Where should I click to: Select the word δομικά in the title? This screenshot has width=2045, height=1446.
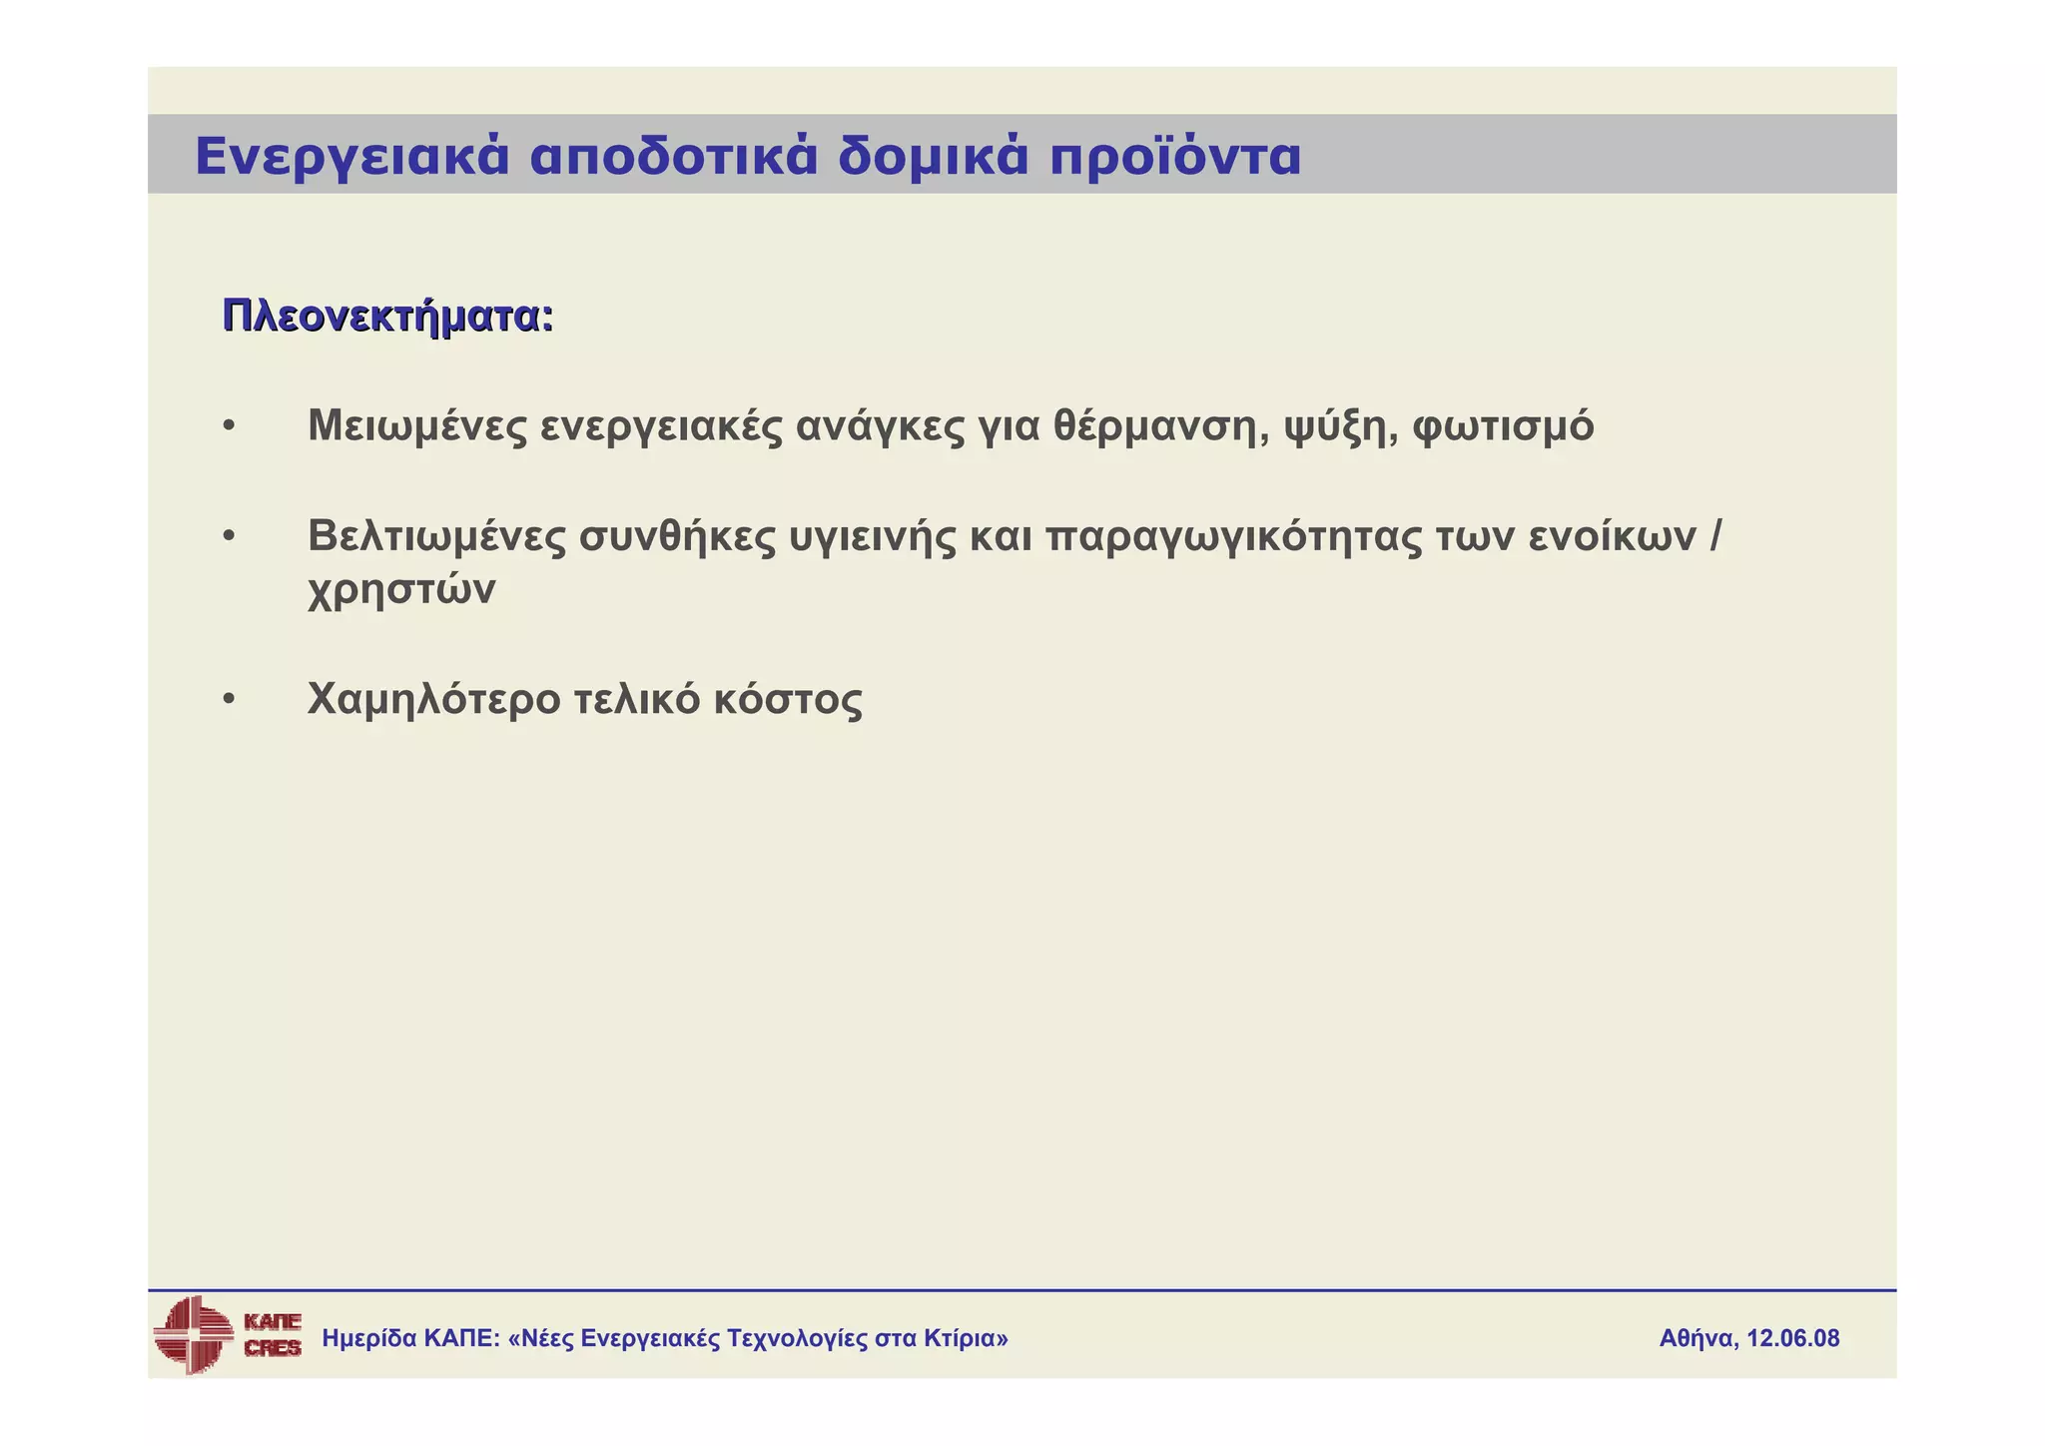(x=933, y=157)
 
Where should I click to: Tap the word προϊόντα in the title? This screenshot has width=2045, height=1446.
(x=1175, y=157)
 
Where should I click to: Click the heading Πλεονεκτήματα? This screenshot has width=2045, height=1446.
(x=387, y=317)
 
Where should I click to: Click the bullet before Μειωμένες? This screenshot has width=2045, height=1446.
(x=230, y=426)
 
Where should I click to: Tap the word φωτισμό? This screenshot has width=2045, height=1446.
(x=1504, y=426)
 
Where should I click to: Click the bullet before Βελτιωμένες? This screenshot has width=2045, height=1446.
(x=230, y=537)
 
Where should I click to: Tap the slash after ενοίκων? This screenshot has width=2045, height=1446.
(x=1715, y=536)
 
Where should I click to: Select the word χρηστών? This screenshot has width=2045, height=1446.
(x=401, y=590)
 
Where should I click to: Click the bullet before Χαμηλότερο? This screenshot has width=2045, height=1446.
(x=230, y=700)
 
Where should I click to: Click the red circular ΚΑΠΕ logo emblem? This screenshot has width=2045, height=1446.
(x=193, y=1334)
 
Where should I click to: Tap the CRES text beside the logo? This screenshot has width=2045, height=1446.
(x=273, y=1348)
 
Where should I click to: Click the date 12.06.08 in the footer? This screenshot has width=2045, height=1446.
(x=1792, y=1338)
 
